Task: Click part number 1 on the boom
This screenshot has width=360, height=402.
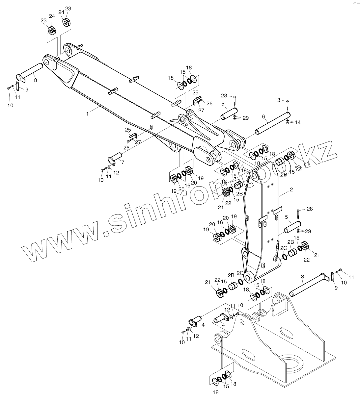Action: click(87, 113)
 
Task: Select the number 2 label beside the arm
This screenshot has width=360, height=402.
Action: click(291, 190)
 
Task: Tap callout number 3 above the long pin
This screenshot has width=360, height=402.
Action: click(302, 277)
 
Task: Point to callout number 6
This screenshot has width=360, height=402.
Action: click(263, 116)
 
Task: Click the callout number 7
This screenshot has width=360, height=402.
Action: click(123, 162)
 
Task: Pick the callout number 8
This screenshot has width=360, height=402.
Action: click(36, 80)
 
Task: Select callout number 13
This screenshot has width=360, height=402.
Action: click(277, 100)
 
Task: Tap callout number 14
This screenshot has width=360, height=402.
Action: click(298, 122)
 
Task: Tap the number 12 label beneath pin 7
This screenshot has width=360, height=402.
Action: click(116, 172)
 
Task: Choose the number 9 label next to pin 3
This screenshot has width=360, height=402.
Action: click(336, 288)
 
